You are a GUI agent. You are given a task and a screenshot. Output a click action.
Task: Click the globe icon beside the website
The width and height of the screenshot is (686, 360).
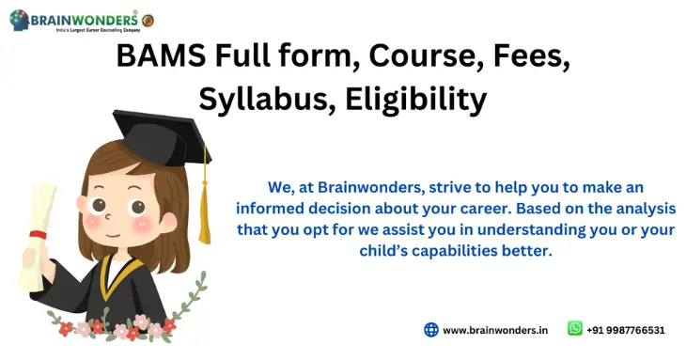(431, 330)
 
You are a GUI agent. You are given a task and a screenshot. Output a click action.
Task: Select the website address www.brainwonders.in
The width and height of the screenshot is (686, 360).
(495, 330)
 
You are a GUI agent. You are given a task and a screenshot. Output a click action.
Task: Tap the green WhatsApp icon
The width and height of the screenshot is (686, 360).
(575, 329)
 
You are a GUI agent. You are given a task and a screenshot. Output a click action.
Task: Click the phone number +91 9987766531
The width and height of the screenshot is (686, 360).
(626, 330)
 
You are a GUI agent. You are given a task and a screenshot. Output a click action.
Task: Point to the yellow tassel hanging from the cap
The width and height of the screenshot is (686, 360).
(204, 202)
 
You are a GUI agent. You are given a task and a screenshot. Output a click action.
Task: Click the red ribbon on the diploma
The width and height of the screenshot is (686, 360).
(38, 234)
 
